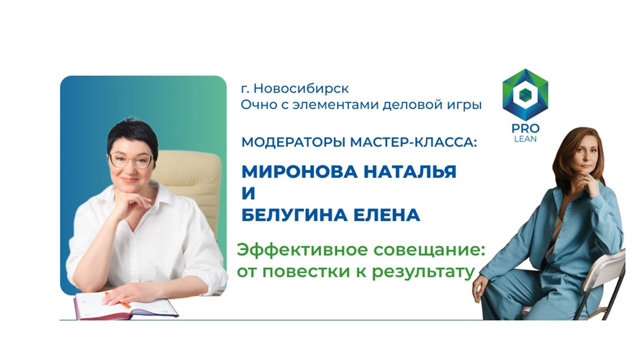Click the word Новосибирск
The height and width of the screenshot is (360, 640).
click(301, 89)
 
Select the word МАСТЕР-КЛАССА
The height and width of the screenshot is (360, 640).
click(413, 143)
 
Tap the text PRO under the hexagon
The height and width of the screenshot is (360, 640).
click(525, 129)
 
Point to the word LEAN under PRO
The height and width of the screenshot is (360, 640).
click(525, 139)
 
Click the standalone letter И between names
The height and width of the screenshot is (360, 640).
click(248, 193)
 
